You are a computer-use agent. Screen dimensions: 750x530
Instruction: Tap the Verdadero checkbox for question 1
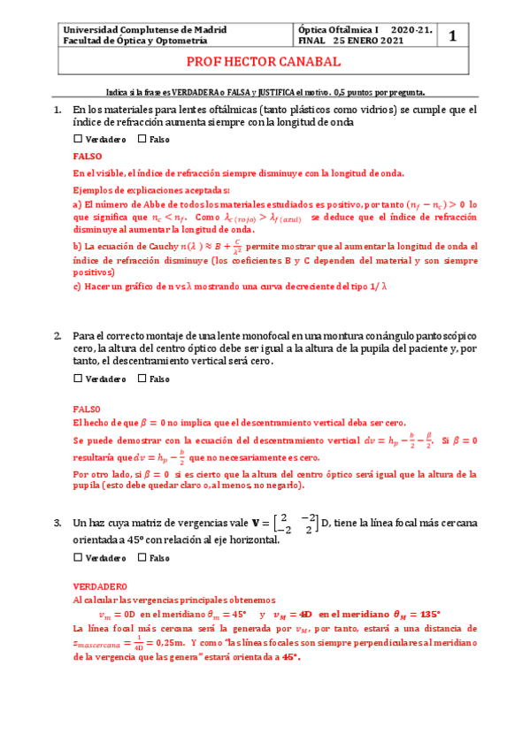[78, 140]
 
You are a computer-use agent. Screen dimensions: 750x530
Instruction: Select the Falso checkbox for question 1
[142, 140]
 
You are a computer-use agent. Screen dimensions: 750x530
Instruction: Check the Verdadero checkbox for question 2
[78, 379]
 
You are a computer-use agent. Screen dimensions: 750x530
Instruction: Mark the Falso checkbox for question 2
[142, 379]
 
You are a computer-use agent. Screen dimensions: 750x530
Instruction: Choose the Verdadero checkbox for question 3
[78, 558]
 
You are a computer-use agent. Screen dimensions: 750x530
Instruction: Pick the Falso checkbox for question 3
[142, 558]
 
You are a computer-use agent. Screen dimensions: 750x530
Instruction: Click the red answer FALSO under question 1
[87, 156]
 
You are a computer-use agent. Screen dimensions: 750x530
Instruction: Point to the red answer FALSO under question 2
[87, 409]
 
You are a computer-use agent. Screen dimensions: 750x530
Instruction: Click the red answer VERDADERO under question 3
[99, 587]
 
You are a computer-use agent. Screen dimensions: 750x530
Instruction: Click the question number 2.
[58, 337]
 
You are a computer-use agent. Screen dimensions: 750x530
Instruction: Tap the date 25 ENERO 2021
[366, 41]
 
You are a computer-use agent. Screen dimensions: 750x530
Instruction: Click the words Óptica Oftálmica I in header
[339, 29]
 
